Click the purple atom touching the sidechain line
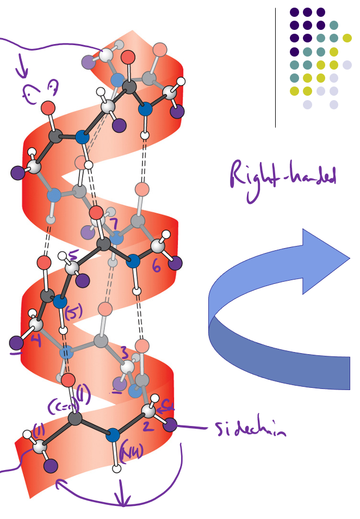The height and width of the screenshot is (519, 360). click(x=170, y=425)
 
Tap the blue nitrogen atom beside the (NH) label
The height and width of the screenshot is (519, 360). click(x=112, y=435)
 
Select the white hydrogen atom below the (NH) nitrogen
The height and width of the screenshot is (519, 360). click(x=116, y=467)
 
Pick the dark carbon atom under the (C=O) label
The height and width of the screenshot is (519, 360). click(x=75, y=418)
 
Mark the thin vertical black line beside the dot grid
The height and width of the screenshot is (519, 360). click(x=276, y=67)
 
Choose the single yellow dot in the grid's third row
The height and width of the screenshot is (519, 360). click(x=347, y=38)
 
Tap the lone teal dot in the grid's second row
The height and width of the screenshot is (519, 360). click(x=334, y=25)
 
